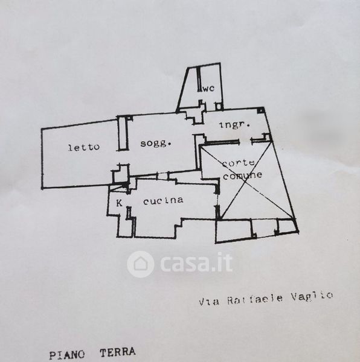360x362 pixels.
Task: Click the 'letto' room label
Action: [84, 147]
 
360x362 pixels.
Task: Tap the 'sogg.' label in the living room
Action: [156, 144]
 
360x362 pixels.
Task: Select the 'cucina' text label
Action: [163, 200]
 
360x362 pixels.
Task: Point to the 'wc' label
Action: [208, 88]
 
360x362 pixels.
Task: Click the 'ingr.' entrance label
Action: [234, 125]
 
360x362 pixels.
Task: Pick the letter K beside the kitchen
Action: [119, 203]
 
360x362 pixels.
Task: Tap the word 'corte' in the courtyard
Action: [239, 164]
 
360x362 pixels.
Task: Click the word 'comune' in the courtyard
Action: [243, 176]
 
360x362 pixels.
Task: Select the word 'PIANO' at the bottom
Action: [67, 354]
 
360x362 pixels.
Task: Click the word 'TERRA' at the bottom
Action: [118, 352]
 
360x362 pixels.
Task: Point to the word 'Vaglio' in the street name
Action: [312, 296]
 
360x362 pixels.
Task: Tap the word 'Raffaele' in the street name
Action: [255, 299]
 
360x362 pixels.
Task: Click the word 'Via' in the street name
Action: [209, 302]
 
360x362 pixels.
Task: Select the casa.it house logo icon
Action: [141, 264]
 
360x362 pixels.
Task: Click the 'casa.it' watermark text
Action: [196, 262]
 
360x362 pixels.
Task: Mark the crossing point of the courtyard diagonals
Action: [246, 181]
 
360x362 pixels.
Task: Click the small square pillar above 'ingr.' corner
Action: [260, 110]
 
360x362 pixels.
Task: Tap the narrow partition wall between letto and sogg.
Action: [123, 133]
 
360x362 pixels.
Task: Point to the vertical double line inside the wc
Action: [199, 79]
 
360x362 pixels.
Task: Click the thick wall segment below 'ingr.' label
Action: [221, 142]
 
